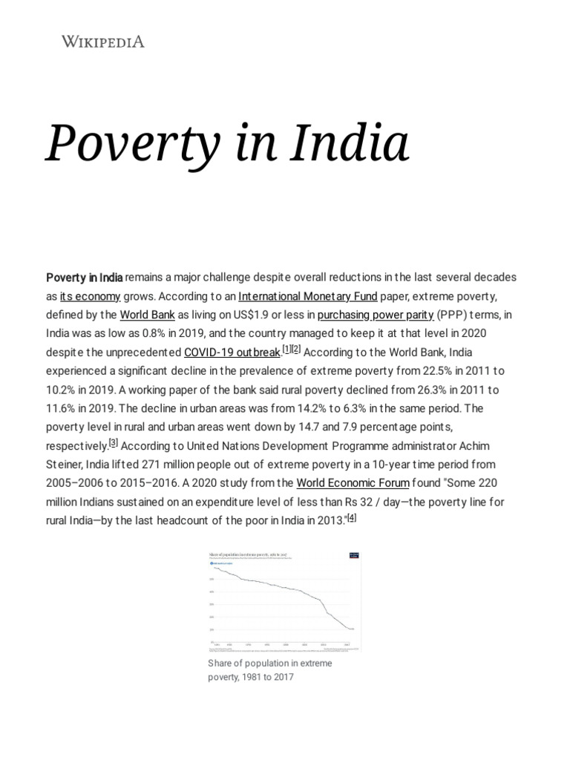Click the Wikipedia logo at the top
point(102,42)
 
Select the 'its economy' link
point(91,295)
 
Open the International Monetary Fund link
point(302,295)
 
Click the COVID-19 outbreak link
point(232,352)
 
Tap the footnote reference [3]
point(114,443)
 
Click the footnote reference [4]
point(352,518)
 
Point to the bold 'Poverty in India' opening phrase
point(85,277)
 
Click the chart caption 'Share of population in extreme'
point(270,663)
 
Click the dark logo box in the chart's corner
point(353,555)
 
